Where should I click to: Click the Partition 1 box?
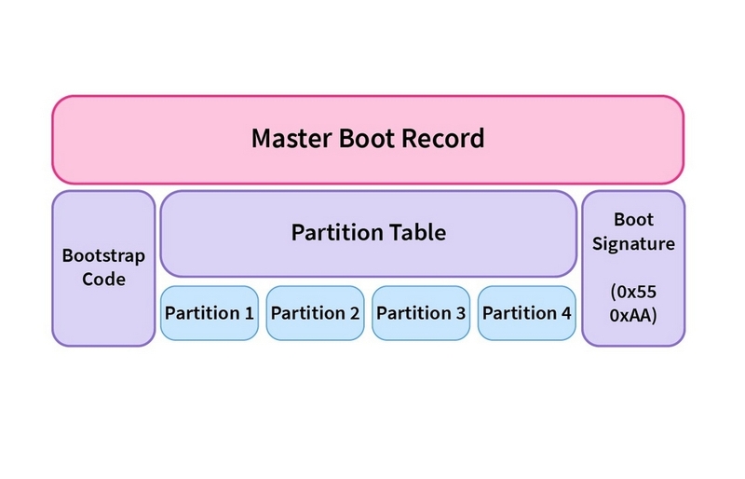pyautogui.click(x=209, y=312)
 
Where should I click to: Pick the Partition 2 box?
pyautogui.click(x=315, y=312)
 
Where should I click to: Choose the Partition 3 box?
pyautogui.click(x=421, y=312)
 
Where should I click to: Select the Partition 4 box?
pyautogui.click(x=527, y=312)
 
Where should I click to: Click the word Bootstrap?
pyautogui.click(x=103, y=254)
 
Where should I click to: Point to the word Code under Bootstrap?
pyautogui.click(x=103, y=279)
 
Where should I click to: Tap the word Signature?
pyautogui.click(x=633, y=244)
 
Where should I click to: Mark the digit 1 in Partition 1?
pyautogui.click(x=249, y=312)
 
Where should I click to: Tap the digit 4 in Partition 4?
pyautogui.click(x=566, y=312)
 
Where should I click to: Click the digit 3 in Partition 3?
pyautogui.click(x=460, y=312)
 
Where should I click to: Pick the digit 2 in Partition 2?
pyautogui.click(x=354, y=312)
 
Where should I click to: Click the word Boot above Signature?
pyautogui.click(x=633, y=220)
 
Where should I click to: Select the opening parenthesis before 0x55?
pyautogui.click(x=614, y=291)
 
